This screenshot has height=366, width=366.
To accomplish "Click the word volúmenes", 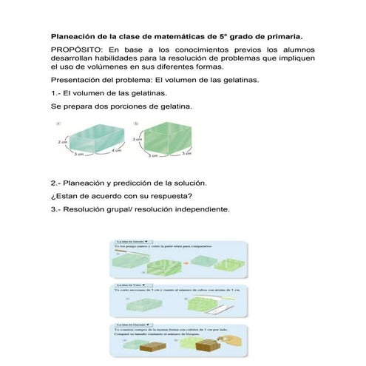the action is tap(109, 67).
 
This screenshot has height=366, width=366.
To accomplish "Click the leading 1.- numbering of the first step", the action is tap(55, 93).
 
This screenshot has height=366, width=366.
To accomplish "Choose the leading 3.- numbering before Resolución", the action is tap(55, 209).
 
